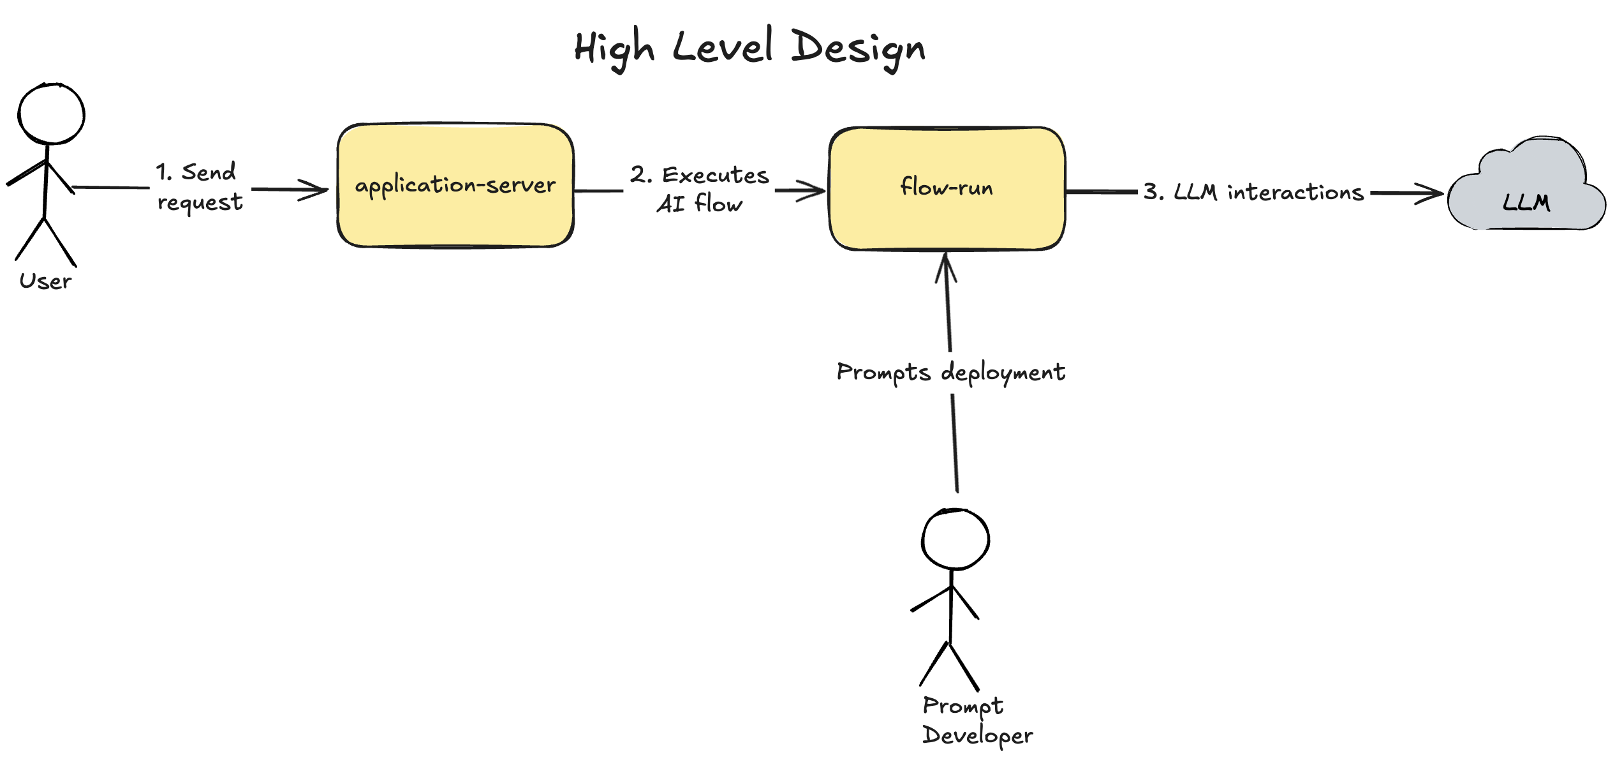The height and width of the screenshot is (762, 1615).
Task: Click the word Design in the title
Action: [x=858, y=49]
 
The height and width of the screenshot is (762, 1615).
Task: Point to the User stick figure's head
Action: [x=51, y=114]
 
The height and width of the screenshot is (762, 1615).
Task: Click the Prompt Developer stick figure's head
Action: [x=955, y=539]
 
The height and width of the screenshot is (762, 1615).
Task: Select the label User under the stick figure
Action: [x=45, y=281]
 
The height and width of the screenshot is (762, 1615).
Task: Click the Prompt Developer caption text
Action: [x=976, y=721]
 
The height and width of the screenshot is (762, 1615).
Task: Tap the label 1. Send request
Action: [x=199, y=187]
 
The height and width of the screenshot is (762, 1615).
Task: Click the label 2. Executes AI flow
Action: [x=700, y=189]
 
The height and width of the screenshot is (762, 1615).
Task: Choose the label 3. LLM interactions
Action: [x=1253, y=192]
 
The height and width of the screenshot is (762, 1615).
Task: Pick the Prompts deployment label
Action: [x=950, y=372]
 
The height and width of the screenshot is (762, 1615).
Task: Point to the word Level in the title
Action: [x=723, y=49]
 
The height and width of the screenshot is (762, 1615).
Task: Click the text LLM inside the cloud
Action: [x=1526, y=202]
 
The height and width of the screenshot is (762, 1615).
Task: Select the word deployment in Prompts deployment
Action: [x=1003, y=372]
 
